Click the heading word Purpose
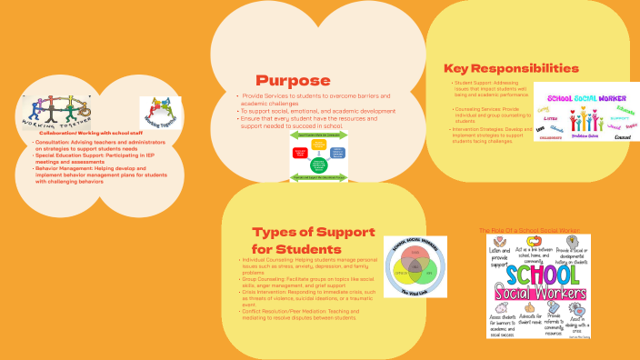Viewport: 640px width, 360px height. (292, 80)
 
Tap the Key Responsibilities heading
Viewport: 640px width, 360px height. (511, 68)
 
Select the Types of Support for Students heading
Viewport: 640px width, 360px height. (296, 241)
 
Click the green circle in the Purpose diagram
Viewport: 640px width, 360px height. (319, 165)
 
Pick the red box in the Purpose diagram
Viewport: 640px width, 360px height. (300, 155)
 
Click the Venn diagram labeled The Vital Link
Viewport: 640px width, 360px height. (414, 265)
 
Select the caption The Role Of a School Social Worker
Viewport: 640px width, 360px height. (528, 231)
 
